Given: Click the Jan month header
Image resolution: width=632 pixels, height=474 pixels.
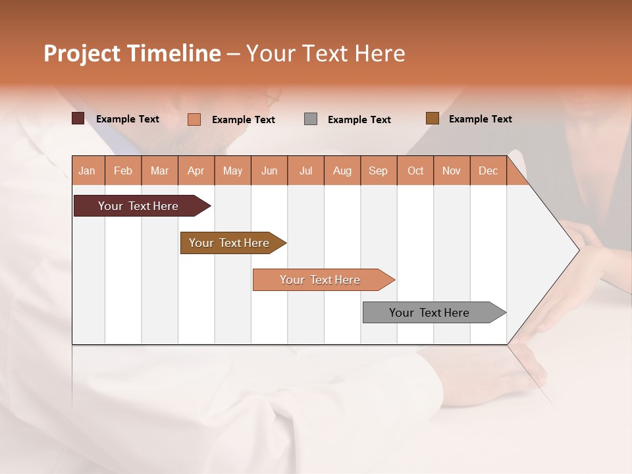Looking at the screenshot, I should coord(87,171).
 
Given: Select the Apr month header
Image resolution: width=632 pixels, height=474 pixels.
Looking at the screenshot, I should coord(196,171).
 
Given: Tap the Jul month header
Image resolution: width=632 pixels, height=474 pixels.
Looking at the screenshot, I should coord(305,171).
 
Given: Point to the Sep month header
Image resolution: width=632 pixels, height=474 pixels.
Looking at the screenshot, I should coord(378,171).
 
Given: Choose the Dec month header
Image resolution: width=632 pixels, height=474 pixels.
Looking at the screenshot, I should coord(488,171).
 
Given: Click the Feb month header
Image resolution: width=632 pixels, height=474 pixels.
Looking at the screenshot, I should coord(123,171).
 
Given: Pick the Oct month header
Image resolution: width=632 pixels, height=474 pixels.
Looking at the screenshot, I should coord(415,171).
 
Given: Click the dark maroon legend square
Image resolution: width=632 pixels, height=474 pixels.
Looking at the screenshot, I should coord(78,118).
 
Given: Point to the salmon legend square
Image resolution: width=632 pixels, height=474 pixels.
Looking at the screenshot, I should coord(194,119).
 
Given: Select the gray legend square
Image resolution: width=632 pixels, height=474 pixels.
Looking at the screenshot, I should coord(311,119).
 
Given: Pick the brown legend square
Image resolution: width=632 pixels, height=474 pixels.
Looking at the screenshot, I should coord(433,118).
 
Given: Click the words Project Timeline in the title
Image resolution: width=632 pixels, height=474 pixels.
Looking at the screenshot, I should coord(132,53).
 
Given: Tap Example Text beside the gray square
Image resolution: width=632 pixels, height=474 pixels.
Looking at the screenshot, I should coord(359,120).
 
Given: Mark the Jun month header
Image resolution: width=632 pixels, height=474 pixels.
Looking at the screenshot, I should coord(269,171).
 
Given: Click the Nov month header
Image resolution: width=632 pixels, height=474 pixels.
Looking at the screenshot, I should coord(452,171).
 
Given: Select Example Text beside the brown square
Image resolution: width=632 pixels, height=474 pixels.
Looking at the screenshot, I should coord(481,119).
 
